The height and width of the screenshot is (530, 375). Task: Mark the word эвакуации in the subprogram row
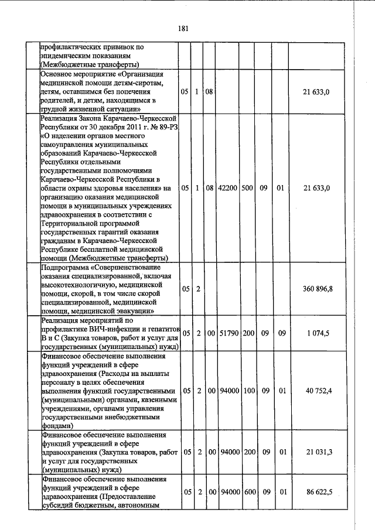[x=135, y=311]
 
